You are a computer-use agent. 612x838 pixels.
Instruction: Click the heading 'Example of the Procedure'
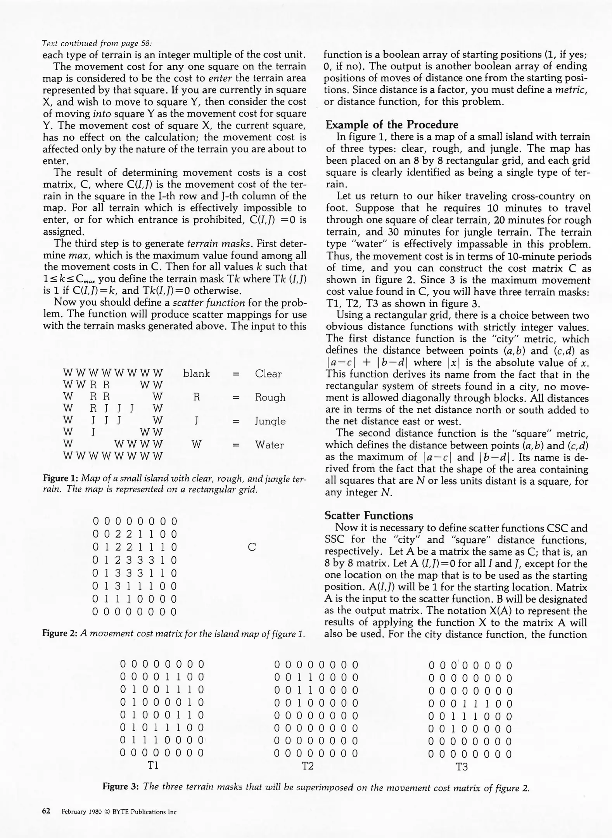click(392, 125)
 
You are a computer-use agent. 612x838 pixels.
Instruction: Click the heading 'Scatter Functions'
click(368, 516)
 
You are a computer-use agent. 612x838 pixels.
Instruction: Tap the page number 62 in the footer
click(46, 811)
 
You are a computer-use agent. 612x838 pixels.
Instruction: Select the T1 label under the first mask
click(153, 765)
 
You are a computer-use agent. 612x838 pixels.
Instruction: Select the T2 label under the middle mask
click(308, 766)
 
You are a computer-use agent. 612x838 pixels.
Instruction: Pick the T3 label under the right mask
click(462, 767)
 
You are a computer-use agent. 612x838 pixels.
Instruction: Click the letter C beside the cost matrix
click(252, 547)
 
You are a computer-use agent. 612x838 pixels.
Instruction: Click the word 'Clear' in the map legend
click(268, 374)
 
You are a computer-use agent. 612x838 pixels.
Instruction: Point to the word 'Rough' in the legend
click(270, 398)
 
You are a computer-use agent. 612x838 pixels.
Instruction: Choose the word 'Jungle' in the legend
click(270, 421)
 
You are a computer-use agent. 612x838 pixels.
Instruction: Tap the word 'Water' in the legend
click(269, 445)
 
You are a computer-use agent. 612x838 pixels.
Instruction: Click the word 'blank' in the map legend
click(196, 374)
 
